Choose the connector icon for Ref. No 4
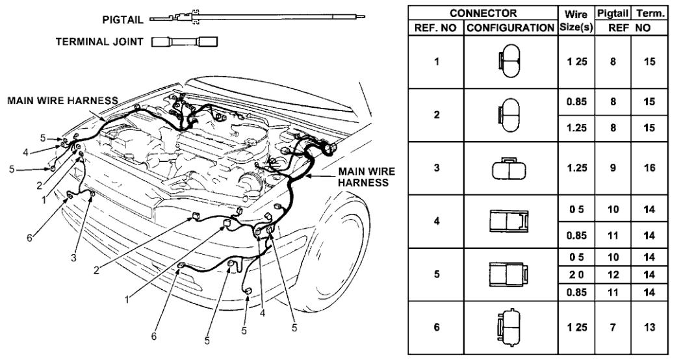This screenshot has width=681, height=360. coord(509,220)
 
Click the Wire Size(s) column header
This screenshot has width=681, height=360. coord(575,20)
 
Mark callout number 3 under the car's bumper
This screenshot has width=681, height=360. coord(74,258)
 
